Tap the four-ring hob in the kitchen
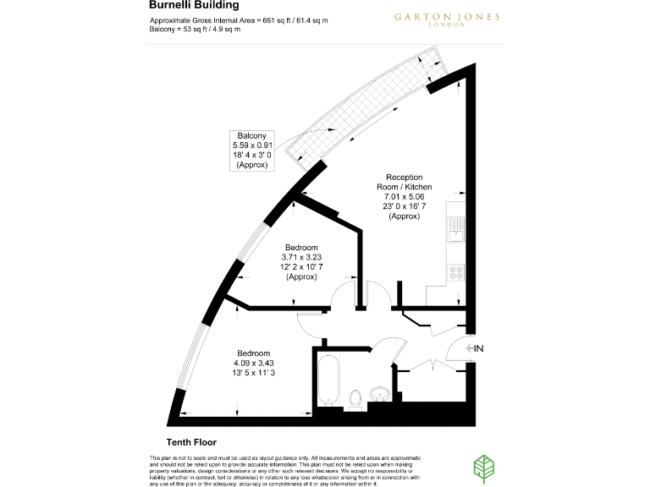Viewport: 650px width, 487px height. tap(456, 272)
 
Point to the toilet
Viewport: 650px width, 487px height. tap(356, 396)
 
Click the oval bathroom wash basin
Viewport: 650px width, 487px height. tap(379, 395)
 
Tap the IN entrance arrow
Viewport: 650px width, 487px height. tap(474, 348)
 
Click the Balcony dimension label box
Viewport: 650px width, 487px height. tap(252, 150)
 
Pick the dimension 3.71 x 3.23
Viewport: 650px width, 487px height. tap(300, 257)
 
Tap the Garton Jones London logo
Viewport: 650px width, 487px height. tap(434, 19)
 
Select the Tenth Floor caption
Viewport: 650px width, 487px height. tap(191, 442)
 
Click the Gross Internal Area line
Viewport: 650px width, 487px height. tap(227, 19)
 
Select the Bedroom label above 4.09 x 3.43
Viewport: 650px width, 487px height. tap(253, 353)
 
